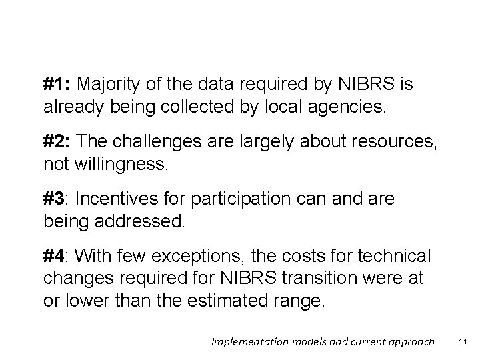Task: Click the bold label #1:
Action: [x=58, y=85]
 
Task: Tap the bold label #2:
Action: [x=58, y=141]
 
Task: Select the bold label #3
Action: [x=57, y=199]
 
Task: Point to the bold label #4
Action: [x=57, y=255]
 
